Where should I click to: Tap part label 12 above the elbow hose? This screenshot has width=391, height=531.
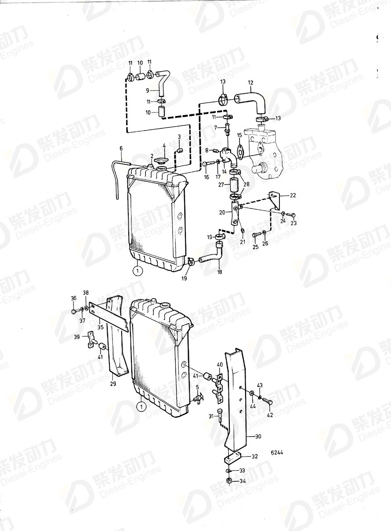[250, 82]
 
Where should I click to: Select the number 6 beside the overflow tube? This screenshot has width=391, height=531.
[121, 149]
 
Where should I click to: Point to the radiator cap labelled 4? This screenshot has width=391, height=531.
[161, 160]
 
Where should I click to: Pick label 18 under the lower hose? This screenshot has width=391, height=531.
[220, 272]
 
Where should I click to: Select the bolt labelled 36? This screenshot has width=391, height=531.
[73, 312]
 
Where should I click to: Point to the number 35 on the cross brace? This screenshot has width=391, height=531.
[101, 327]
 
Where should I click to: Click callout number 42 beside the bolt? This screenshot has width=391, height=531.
[269, 415]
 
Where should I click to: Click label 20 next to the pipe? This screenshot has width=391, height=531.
[223, 212]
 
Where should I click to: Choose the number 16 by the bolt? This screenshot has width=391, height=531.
[206, 177]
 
